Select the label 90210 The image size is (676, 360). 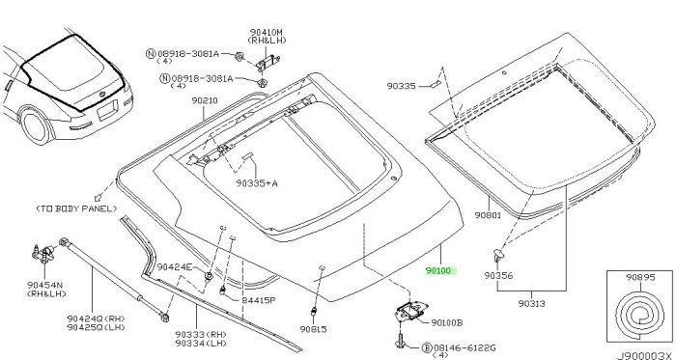tap(205, 99)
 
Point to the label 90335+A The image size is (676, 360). tap(256, 180)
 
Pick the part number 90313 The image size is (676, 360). tap(531, 303)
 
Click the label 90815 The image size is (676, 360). tap(313, 328)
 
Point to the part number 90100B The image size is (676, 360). tap(446, 321)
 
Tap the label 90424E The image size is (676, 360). tap(175, 266)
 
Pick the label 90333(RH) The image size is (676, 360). tap(200, 335)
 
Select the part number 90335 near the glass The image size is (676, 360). tap(405, 86)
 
